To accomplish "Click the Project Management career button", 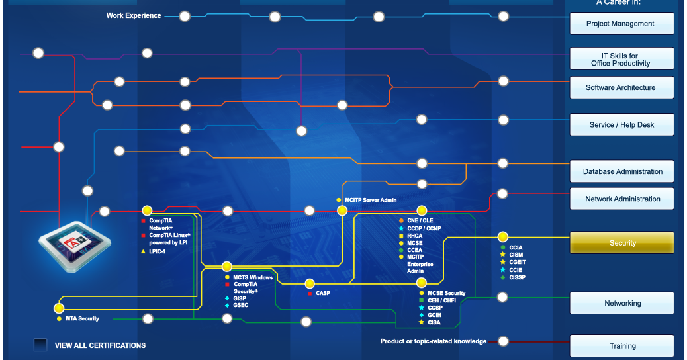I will coord(621,24).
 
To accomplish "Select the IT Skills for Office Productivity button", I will coord(621,59).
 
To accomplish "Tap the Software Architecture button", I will coord(621,87).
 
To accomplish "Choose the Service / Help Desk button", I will coord(621,125).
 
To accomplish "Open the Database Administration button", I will coord(621,171).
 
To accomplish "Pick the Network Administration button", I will coord(621,199).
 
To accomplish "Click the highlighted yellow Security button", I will coord(621,243).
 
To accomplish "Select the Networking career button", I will coord(621,303).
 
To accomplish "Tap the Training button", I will coord(621,345).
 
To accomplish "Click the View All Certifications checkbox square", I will coord(40,345).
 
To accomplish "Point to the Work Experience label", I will coord(134,15).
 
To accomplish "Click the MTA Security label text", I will coord(82,319).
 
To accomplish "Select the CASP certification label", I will coord(323,293).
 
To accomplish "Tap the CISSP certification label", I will coord(517,277).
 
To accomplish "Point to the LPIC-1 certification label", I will coord(157,251).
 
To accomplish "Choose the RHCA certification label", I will coord(415,236).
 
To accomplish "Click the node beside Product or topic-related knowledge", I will coord(503,341).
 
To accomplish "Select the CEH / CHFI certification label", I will coord(441,300).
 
